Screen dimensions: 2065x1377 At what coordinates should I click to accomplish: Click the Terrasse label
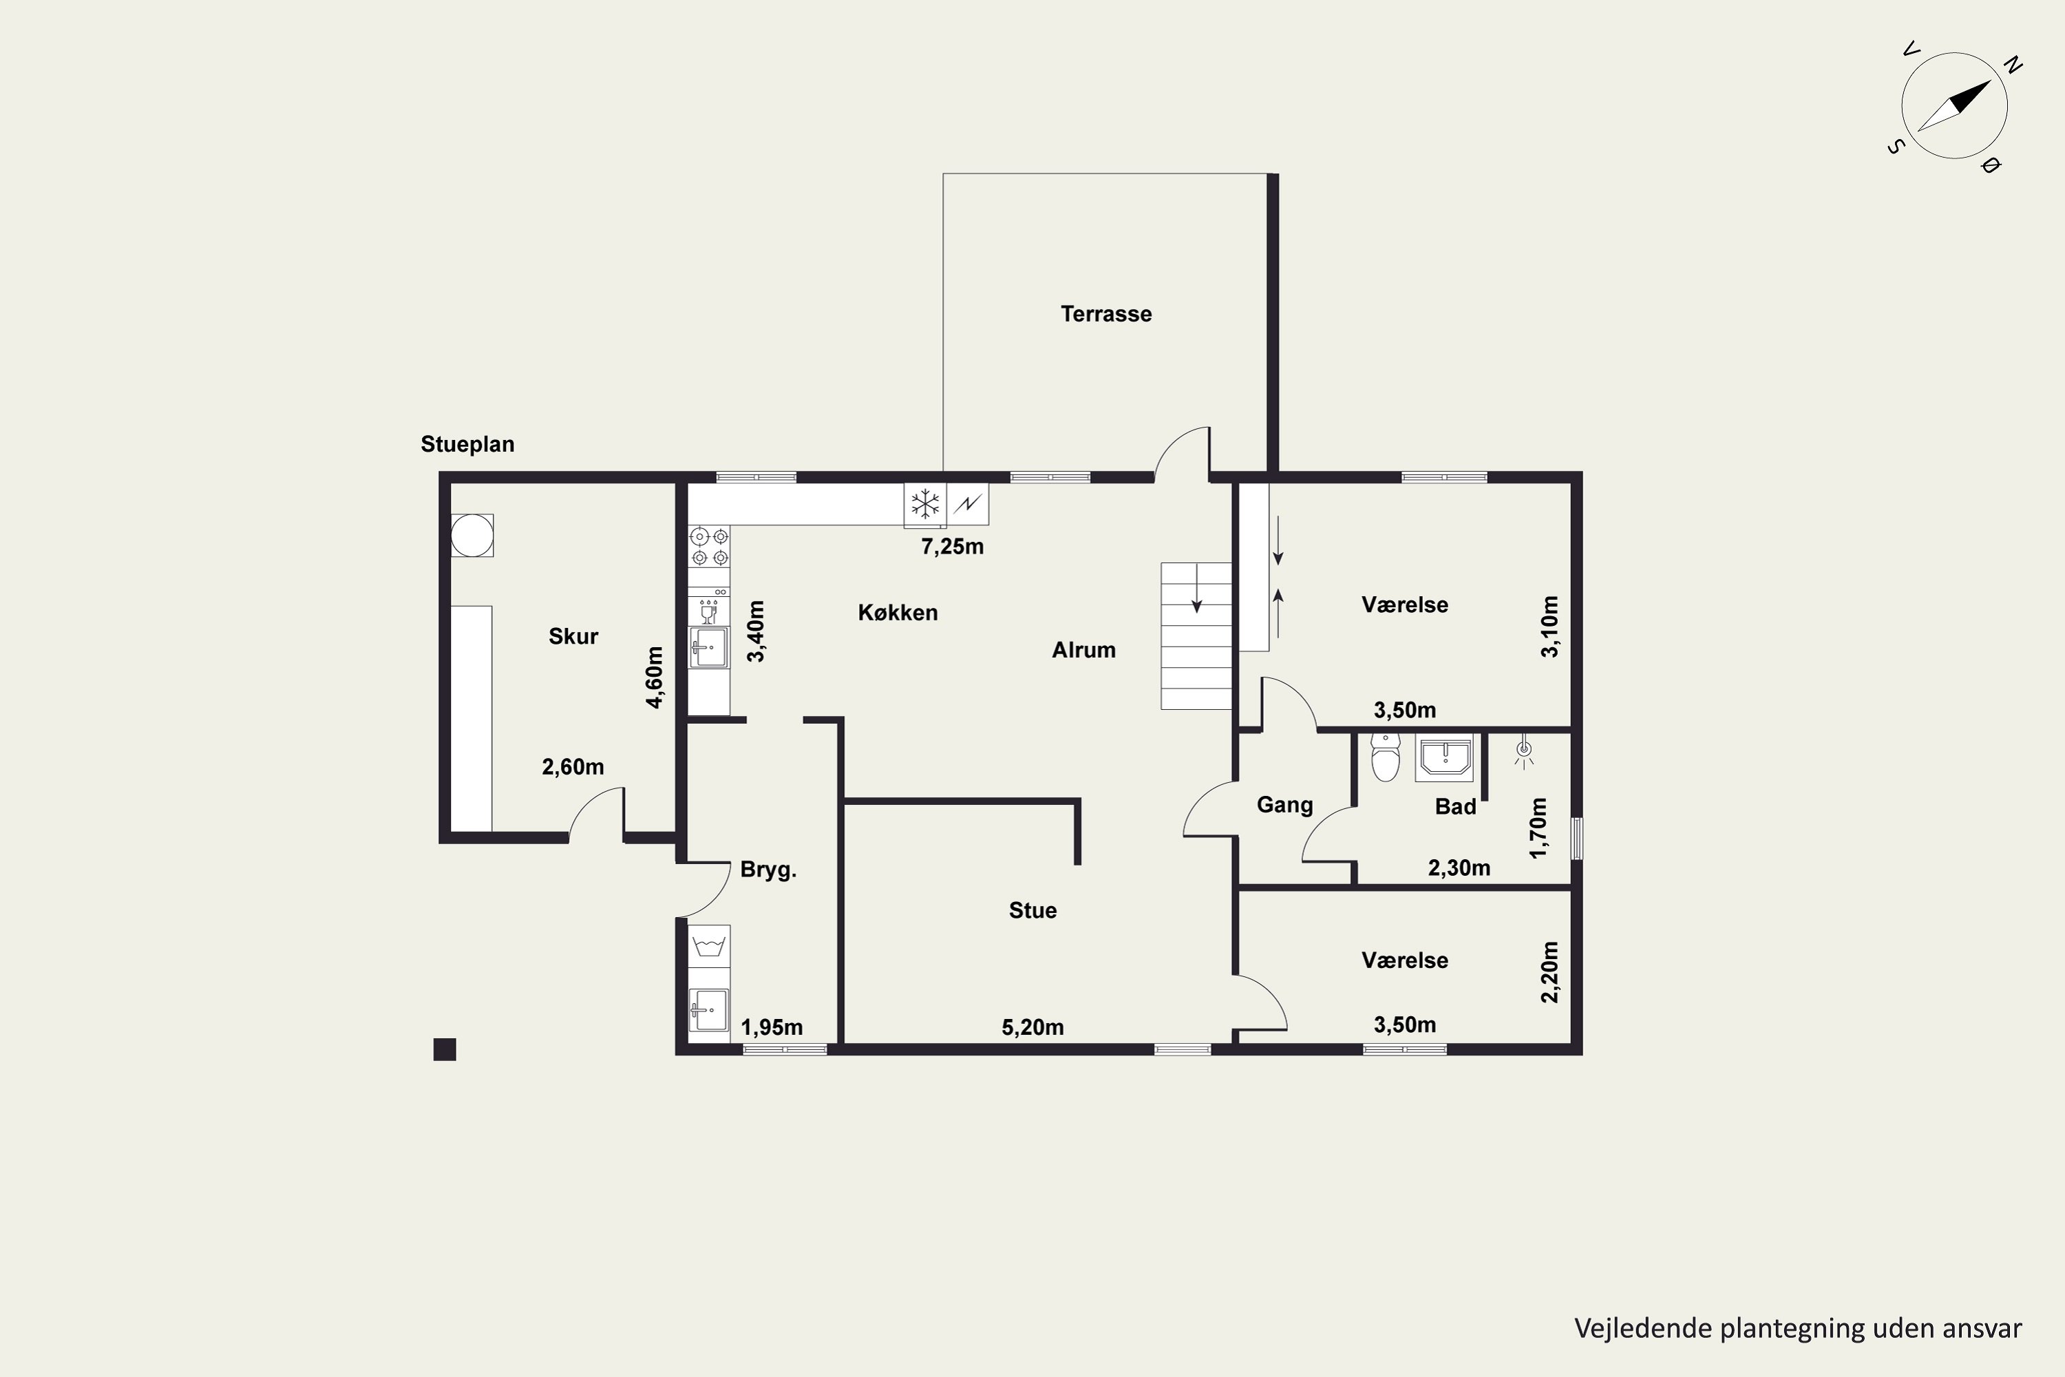[x=1105, y=313]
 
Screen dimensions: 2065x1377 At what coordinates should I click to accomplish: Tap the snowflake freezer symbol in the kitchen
[x=924, y=504]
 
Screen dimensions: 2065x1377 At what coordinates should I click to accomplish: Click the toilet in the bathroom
[x=1386, y=759]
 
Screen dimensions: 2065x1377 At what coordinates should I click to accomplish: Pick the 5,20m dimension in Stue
[x=1032, y=1027]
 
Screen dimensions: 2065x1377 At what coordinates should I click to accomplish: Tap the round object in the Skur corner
[x=472, y=535]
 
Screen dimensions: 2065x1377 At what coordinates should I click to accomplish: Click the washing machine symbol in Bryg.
[x=708, y=947]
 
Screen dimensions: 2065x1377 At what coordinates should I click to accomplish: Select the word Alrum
[x=1083, y=650]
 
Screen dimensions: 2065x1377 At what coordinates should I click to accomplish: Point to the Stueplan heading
[x=467, y=444]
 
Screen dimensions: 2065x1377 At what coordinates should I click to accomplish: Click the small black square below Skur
[x=445, y=1049]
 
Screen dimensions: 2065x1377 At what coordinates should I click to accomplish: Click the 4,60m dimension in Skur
[x=654, y=677]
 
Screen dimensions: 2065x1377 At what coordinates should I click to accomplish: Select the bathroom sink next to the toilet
[x=1444, y=759]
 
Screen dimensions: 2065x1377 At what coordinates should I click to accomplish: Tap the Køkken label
[x=898, y=612]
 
